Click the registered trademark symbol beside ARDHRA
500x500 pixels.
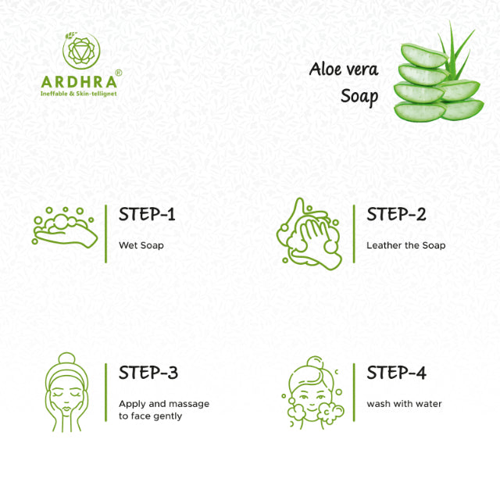(118, 73)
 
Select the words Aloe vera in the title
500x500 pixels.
(344, 70)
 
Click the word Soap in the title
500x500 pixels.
(359, 97)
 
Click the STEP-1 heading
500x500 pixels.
(147, 214)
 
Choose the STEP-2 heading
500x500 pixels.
(396, 214)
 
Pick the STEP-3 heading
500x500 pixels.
(148, 373)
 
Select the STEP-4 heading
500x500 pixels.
(396, 373)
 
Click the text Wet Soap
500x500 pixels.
(141, 245)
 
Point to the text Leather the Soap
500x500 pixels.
(405, 245)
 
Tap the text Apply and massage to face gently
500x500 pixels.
(163, 410)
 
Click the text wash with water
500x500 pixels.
(404, 404)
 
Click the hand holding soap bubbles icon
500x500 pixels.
(64, 227)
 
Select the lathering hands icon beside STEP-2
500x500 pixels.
(309, 235)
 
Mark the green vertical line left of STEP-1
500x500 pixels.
(106, 234)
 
